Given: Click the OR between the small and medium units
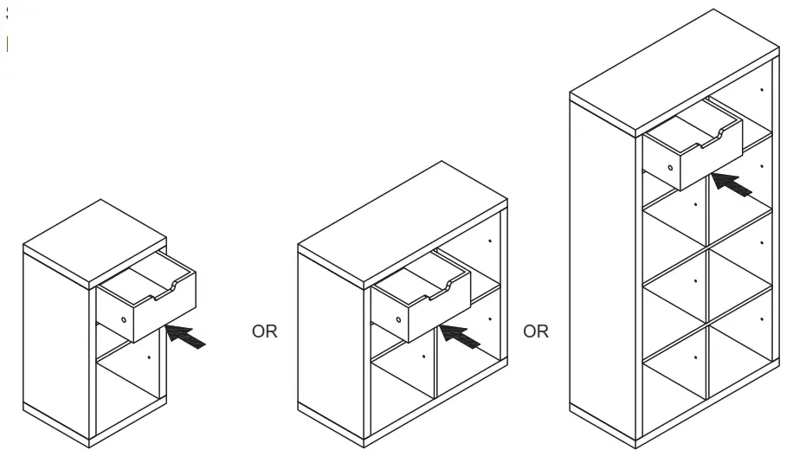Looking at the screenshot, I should (264, 331).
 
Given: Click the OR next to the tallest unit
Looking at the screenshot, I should (536, 331).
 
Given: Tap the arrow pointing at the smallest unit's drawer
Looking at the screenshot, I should (186, 336).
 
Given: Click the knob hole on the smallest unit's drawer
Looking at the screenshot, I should (124, 319).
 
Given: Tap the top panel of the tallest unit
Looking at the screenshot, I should (674, 68).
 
